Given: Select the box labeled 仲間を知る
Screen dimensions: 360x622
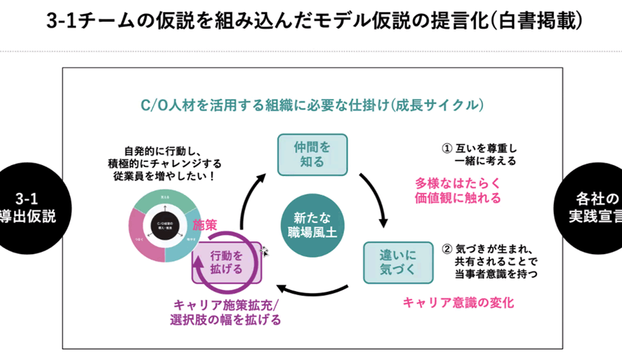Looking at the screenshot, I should pos(312,154).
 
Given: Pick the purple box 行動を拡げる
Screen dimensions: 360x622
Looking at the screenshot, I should pos(227,262).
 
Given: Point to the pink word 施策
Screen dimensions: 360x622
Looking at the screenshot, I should pos(206,225).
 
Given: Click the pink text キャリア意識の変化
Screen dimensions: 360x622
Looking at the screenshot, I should pos(458,302).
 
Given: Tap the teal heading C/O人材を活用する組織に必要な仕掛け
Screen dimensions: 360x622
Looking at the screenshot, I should pos(312,106).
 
